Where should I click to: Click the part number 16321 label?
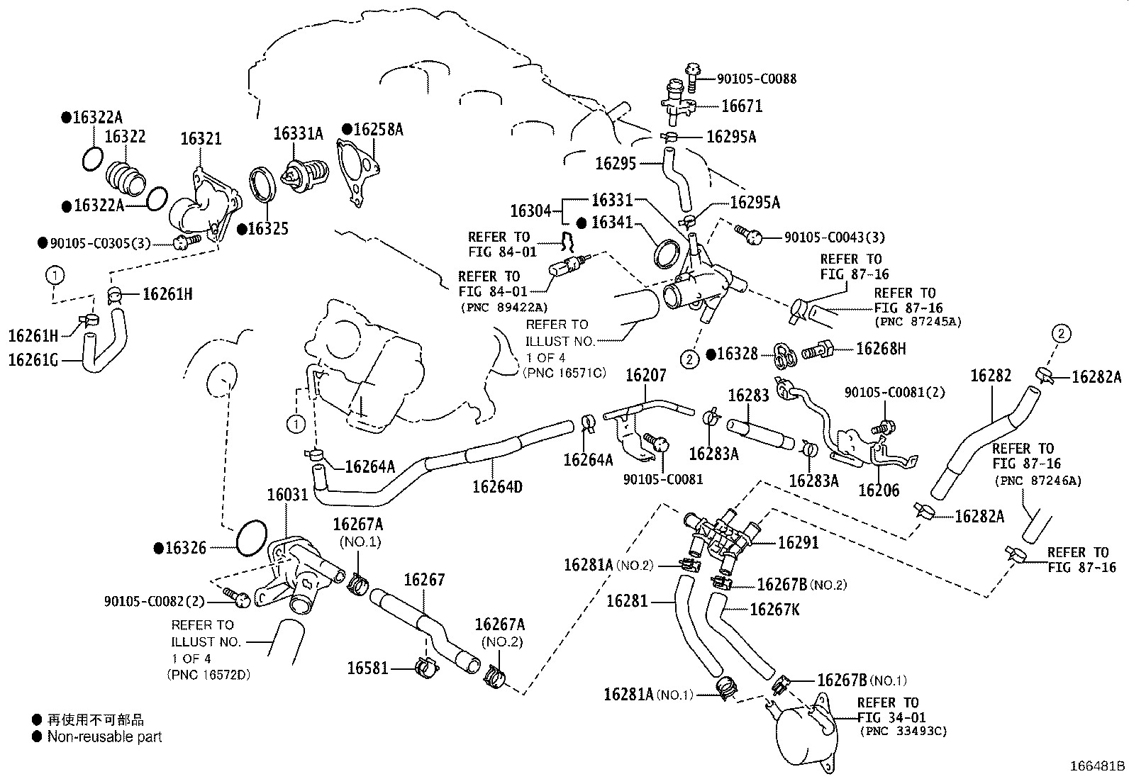[x=201, y=138]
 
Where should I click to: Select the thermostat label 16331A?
[x=299, y=133]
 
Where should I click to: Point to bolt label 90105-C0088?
[x=746, y=79]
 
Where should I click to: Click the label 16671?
[x=741, y=106]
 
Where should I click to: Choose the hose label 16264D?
[x=497, y=487]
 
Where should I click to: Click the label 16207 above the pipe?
[x=645, y=375]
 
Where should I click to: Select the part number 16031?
[x=288, y=494]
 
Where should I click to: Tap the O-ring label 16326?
[x=185, y=548]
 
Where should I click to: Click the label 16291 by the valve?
[x=798, y=543]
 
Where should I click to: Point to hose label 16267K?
[x=774, y=609]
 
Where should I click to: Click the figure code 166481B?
[x=1097, y=766]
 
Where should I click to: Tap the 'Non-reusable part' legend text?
[x=104, y=737]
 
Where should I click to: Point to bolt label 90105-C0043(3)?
[x=834, y=237]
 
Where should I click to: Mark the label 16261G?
[x=34, y=360]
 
